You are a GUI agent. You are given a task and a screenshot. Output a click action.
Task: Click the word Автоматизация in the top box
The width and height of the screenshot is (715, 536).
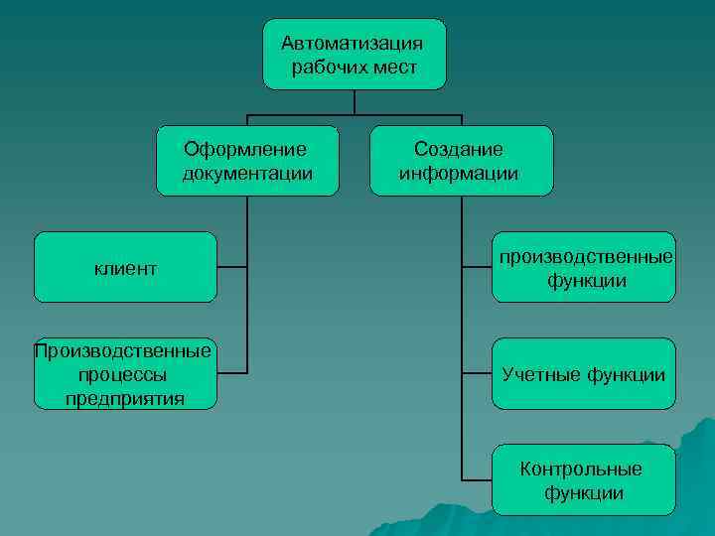tap(353, 43)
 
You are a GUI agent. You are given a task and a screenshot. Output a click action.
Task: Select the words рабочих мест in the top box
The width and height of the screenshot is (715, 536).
tap(354, 67)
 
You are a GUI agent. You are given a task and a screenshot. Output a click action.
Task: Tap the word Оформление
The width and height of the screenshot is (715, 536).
tap(245, 149)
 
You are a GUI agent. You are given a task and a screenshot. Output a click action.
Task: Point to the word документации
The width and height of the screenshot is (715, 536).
tap(247, 174)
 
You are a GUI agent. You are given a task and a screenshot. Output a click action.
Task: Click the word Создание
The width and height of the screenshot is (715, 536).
tap(459, 149)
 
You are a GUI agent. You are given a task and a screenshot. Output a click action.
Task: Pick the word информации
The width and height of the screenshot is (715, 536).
tap(459, 174)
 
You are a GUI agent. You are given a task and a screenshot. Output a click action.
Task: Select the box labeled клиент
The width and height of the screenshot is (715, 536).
tap(125, 268)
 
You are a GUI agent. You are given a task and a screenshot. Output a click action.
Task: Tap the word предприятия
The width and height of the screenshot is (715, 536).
tap(125, 399)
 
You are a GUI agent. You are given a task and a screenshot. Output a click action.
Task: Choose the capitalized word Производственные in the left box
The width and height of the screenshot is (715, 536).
tap(122, 350)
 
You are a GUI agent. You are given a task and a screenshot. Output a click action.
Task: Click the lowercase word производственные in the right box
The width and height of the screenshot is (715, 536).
tap(585, 257)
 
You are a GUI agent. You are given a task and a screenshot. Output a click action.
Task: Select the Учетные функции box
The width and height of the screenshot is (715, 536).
tap(583, 374)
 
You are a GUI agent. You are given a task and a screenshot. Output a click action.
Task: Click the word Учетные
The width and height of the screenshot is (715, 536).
tap(542, 374)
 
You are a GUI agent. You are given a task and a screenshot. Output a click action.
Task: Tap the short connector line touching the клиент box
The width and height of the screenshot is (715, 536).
tap(232, 268)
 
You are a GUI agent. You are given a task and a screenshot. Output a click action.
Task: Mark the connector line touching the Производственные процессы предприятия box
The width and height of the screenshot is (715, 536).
tap(232, 373)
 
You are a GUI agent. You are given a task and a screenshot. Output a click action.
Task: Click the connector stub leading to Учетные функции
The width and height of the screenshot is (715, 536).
tap(477, 373)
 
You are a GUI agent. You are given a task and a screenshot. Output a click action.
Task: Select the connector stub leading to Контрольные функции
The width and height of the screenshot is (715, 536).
tap(477, 480)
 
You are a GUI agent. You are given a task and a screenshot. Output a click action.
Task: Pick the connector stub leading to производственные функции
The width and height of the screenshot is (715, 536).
tap(477, 268)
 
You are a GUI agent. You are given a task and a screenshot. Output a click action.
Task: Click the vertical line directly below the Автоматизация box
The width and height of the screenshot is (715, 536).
tap(355, 101)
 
